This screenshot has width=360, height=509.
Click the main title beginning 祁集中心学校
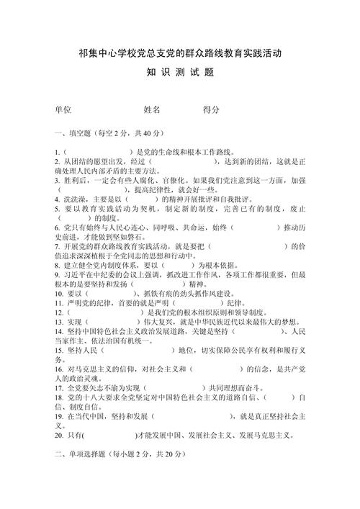pos(179,53)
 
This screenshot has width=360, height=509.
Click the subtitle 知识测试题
pos(179,73)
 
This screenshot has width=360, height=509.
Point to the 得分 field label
pos(211,109)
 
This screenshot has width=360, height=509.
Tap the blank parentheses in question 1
pos(97,153)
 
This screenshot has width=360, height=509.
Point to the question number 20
pos(59,435)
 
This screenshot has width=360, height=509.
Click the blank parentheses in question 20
pos(109,435)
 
